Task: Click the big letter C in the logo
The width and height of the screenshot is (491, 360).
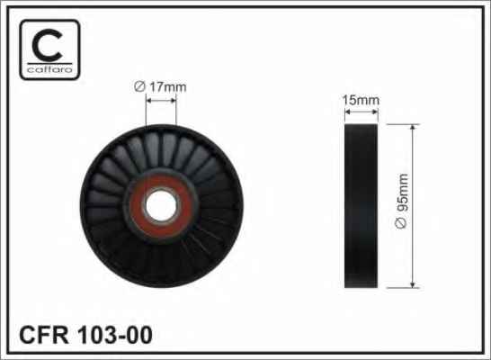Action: coord(48,46)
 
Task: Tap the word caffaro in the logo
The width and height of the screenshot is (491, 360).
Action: coord(49,69)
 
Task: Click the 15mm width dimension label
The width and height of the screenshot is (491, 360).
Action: coord(361,100)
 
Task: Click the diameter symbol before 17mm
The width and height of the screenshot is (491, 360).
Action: coord(139,86)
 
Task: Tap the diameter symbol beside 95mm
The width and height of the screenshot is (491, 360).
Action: coord(401,223)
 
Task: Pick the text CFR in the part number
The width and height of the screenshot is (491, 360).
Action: coord(44,335)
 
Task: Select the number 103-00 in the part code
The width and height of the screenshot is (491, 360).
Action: coord(115,335)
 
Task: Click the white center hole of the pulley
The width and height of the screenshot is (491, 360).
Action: coord(161,206)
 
